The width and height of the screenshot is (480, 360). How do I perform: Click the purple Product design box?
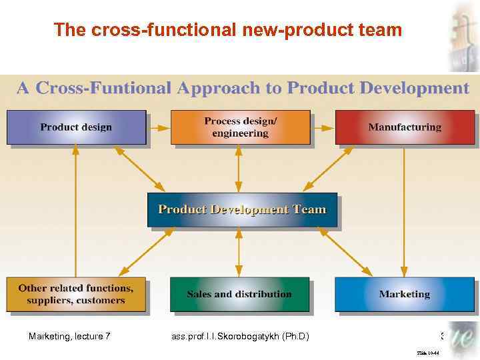click(76, 127)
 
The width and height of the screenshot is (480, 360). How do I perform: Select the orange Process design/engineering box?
click(240, 127)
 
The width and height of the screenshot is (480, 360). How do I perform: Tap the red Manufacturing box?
click(405, 127)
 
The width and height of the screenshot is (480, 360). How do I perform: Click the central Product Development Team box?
click(242, 209)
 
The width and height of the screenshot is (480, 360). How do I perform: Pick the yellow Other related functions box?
click(76, 294)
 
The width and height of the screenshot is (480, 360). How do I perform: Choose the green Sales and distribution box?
click(239, 294)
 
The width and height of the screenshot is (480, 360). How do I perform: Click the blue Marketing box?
click(405, 294)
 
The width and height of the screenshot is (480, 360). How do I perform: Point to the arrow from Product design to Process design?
click(159, 127)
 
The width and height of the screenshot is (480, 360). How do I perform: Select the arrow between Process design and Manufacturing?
click(323, 127)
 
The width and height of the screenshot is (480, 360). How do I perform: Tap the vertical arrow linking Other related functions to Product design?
click(76, 211)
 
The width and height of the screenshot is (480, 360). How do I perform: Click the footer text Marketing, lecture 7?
click(69, 336)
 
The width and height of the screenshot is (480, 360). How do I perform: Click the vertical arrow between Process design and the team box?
click(239, 169)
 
